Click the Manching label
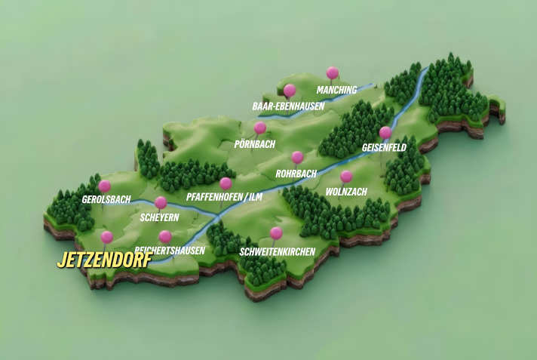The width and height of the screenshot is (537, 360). pos(336,91)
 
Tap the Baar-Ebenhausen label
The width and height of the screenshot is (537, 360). pos(288,106)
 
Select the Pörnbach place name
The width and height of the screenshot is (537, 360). pos(255,143)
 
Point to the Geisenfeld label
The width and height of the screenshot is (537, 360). pos(384,148)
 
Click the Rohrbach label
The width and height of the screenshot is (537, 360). pos(296,174)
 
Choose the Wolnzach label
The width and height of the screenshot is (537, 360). pos(346,192)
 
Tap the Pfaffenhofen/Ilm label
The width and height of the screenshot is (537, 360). pos(224,198)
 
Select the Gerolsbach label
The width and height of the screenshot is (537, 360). pos(106,200)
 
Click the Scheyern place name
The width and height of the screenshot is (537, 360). pos(160,218)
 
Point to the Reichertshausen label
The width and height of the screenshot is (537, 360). pos(170,251)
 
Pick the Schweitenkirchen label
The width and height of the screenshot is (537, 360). pos(277,251)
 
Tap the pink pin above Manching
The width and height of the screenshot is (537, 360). pos(332,72)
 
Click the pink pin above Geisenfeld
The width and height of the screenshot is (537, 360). pos(385,132)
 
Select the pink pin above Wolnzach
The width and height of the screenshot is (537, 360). pos(346,177)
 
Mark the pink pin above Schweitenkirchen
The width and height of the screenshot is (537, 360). pos(276,232)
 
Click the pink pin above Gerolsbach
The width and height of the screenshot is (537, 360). pos(105,186)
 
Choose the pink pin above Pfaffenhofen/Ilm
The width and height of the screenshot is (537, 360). pos(226,183)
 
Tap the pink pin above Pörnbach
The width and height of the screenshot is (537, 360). pos(260,128)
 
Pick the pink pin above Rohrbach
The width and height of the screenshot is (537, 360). pos(297,157)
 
